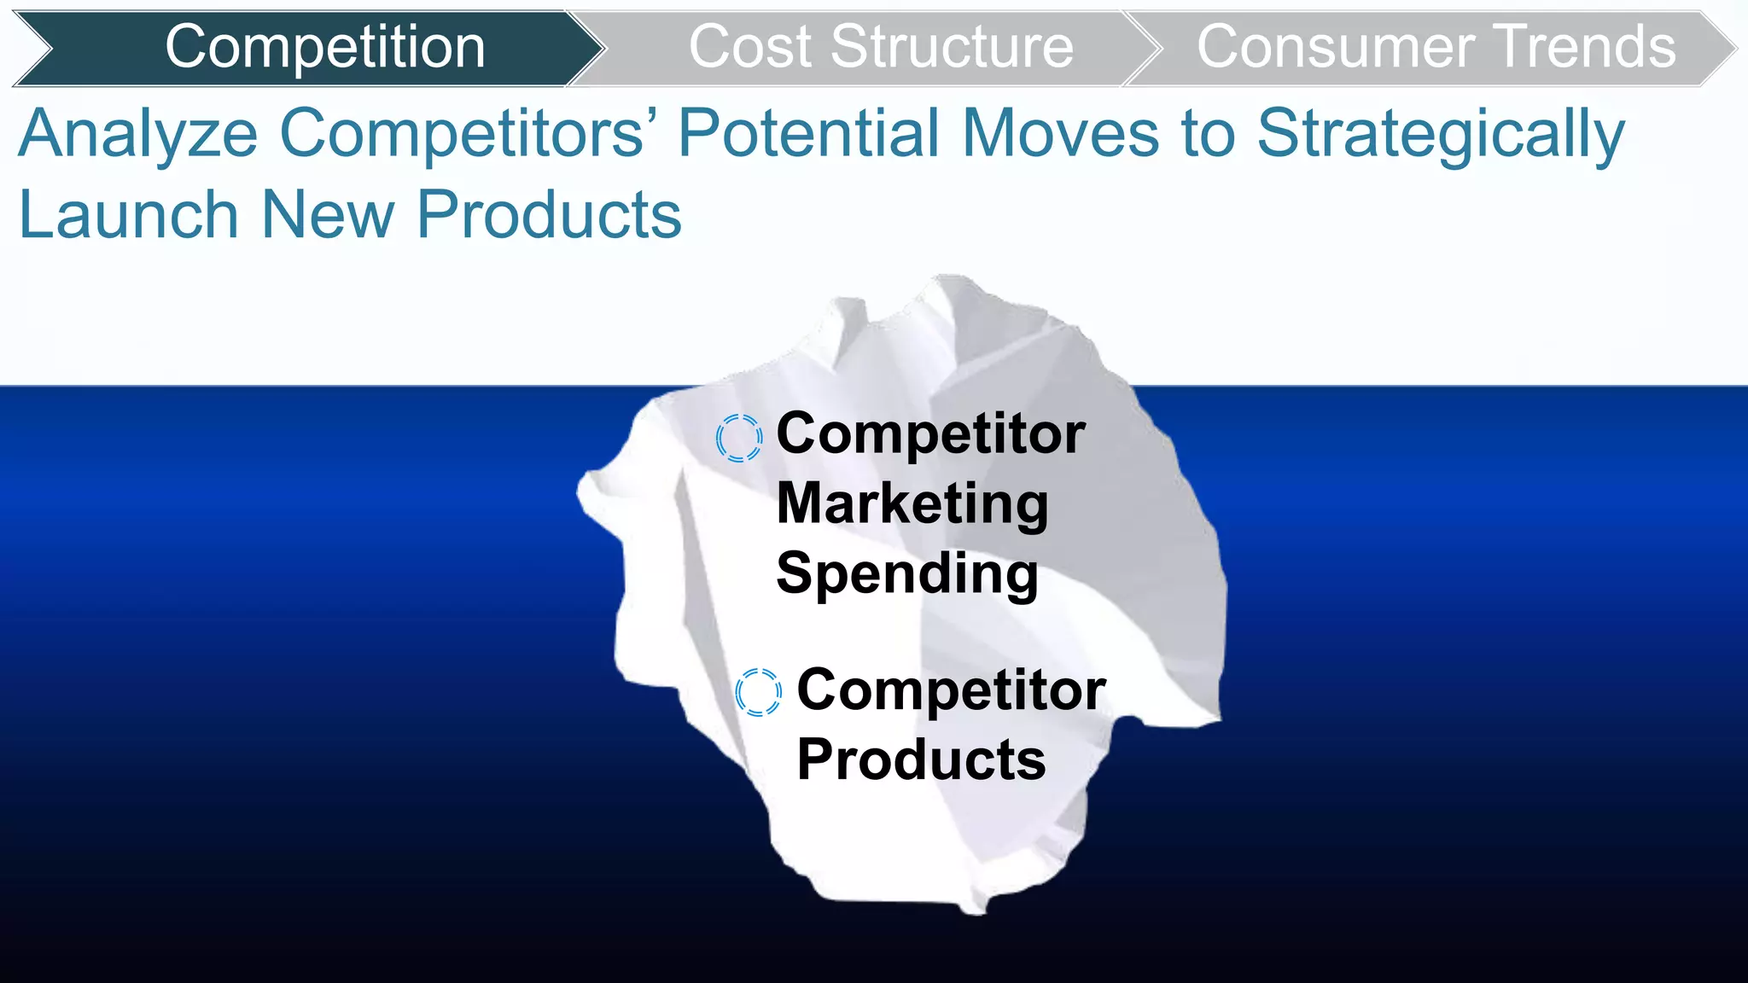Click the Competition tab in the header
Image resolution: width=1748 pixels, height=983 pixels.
(x=324, y=47)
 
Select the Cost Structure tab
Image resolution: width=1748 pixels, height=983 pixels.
(x=880, y=47)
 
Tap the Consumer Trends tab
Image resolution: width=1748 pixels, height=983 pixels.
(x=1436, y=47)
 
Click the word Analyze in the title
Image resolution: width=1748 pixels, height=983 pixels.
(x=137, y=134)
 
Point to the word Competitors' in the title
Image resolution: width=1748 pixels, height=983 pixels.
(x=462, y=134)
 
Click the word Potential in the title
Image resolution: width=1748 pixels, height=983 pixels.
(x=808, y=134)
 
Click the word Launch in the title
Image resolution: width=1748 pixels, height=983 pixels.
(x=128, y=214)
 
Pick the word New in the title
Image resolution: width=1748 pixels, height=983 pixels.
(x=328, y=214)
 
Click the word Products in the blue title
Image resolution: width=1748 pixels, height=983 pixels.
(x=549, y=214)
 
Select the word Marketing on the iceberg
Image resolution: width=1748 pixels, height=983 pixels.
(x=912, y=503)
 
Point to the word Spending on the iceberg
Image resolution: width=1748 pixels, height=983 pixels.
(x=906, y=573)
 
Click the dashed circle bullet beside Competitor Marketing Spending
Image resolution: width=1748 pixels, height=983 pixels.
(x=738, y=438)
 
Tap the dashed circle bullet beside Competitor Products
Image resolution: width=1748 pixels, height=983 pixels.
(x=758, y=692)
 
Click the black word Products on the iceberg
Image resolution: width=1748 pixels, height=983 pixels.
(x=921, y=759)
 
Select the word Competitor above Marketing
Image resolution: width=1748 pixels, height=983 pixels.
(x=930, y=433)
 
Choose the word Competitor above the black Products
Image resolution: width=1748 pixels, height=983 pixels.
(x=951, y=689)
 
